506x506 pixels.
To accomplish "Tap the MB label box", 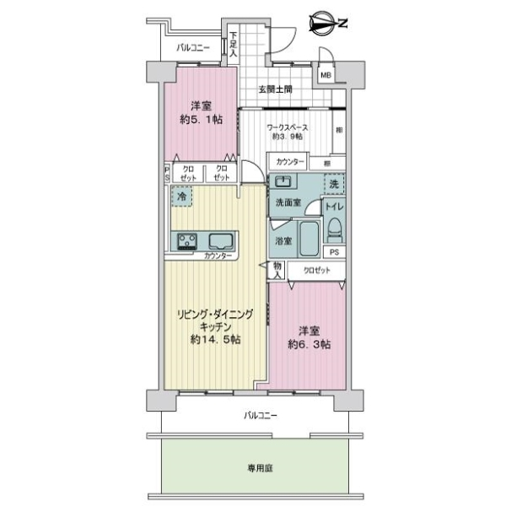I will pos(325,76).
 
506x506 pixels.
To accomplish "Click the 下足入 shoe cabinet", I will pos(234,46).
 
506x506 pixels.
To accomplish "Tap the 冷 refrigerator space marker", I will pos(180,196).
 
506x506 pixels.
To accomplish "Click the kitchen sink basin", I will pos(222,240).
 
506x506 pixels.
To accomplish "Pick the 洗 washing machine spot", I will pos(332,184).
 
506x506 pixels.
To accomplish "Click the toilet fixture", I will pos(335,226).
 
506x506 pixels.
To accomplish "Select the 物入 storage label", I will pos(277,269).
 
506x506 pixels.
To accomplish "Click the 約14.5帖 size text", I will pos(211,340).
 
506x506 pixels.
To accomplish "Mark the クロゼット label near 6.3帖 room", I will pos(312,270).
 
